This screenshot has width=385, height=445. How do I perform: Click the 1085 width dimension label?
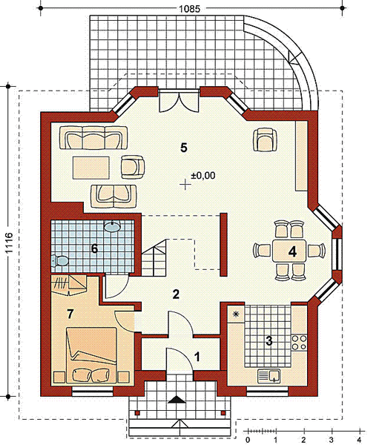pyautogui.click(x=189, y=9)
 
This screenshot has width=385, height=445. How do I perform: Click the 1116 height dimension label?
pyautogui.click(x=9, y=243)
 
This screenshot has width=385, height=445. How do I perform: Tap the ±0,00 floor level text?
pyautogui.click(x=203, y=175)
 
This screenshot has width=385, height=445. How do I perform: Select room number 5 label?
pyautogui.click(x=184, y=148)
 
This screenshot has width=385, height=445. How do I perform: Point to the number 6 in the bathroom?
pyautogui.click(x=94, y=248)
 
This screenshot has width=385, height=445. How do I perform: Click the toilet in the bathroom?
pyautogui.click(x=59, y=261)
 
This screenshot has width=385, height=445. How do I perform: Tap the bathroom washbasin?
pyautogui.click(x=112, y=226)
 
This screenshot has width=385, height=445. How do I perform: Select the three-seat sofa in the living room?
pyautogui.click(x=93, y=138)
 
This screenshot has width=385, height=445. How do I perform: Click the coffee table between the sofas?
pyautogui.click(x=91, y=168)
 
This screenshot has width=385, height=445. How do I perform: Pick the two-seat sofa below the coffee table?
pyautogui.click(x=113, y=196)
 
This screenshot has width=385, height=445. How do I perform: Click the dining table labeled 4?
pyautogui.click(x=289, y=251)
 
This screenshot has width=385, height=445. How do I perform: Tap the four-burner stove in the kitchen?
pyautogui.click(x=299, y=343)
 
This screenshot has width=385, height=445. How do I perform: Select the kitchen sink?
pyautogui.click(x=269, y=376)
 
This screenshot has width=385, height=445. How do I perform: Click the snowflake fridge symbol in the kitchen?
pyautogui.click(x=236, y=314)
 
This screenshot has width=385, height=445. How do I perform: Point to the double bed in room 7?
pyautogui.click(x=91, y=355)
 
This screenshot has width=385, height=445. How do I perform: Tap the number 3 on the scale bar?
pyautogui.click(x=331, y=440)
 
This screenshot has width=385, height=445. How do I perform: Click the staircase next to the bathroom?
pyautogui.click(x=154, y=257)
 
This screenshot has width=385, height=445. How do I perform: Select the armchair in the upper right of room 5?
pyautogui.click(x=265, y=139)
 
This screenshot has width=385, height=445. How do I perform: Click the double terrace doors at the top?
pyautogui.click(x=179, y=102)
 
